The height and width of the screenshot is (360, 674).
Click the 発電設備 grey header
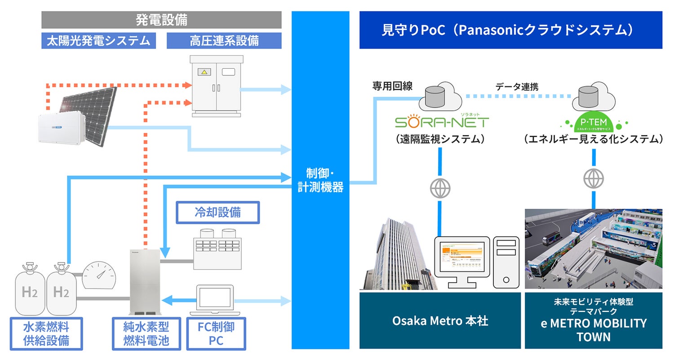[161, 20]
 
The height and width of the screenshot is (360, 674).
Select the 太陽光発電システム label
[98, 41]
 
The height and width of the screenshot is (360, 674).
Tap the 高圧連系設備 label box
[224, 41]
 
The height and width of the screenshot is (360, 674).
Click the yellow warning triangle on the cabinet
[204, 71]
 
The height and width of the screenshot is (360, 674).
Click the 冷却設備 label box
[217, 213]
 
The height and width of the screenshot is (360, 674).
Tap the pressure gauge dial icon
[99, 274]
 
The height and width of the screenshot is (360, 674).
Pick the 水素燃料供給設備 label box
[46, 334]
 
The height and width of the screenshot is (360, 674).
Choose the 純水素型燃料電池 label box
[146, 334]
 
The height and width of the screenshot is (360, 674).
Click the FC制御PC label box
[216, 334]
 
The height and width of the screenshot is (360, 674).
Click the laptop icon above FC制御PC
[216, 300]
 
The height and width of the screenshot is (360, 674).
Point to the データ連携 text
[516, 87]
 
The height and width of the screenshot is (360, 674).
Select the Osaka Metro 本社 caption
[440, 321]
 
